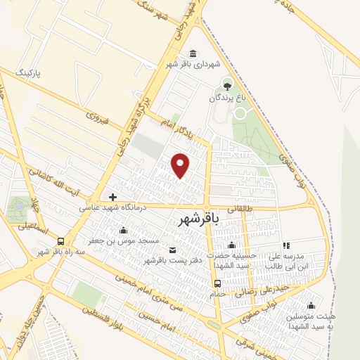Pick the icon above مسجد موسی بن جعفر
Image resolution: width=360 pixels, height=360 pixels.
click(124, 230)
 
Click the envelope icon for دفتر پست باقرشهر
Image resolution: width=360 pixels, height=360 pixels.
click(173, 250)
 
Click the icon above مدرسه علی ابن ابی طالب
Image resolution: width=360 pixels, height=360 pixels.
click(285, 245)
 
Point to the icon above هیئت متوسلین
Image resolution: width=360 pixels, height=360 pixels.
click(310, 305)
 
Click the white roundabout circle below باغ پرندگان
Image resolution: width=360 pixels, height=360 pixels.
click(240, 112)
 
